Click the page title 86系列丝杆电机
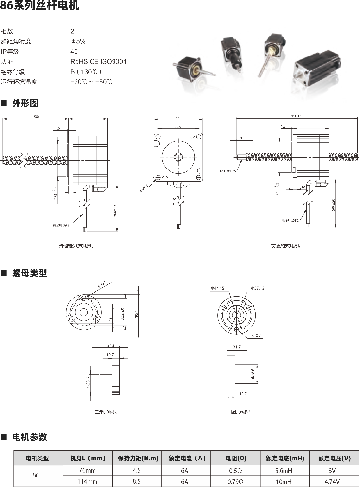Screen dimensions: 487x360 pyautogui.click(x=40, y=6)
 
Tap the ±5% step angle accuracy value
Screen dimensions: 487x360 pyautogui.click(x=78, y=41)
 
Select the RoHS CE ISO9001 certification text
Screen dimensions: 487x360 pyautogui.click(x=98, y=61)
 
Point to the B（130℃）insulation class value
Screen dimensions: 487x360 pyautogui.click(x=86, y=72)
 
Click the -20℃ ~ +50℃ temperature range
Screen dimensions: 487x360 pyautogui.click(x=91, y=82)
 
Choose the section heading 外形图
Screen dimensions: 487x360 pyautogui.click(x=25, y=103)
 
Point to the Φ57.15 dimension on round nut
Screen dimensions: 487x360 pyautogui.click(x=257, y=288)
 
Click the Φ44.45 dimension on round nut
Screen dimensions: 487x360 pyautogui.click(x=217, y=288)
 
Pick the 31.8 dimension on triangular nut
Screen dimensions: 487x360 pyautogui.click(x=110, y=346)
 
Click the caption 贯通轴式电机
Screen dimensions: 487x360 pyautogui.click(x=285, y=246)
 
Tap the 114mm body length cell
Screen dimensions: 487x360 pyautogui.click(x=88, y=481)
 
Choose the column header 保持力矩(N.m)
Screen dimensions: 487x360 pyautogui.click(x=138, y=458)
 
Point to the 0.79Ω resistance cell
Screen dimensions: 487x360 pyautogui.click(x=235, y=481)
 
